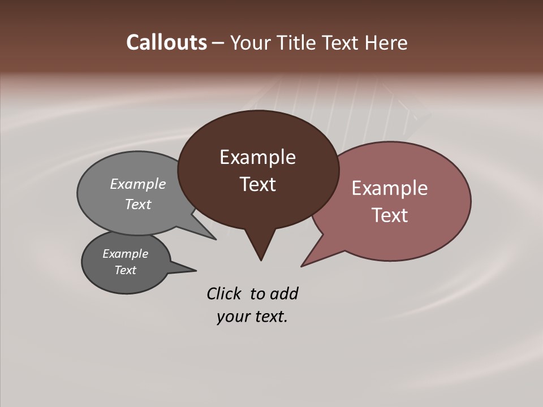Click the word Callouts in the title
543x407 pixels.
click(166, 42)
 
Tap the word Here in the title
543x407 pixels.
click(387, 42)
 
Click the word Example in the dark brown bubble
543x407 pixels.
click(258, 157)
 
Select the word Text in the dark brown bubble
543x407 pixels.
click(258, 184)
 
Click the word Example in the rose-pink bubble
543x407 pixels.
click(390, 188)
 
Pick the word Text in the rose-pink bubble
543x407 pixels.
click(390, 215)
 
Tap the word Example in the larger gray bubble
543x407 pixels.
click(138, 184)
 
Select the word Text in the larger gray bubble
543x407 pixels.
click(138, 204)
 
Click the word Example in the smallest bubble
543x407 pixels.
click(126, 254)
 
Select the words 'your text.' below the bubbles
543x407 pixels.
click(252, 317)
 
